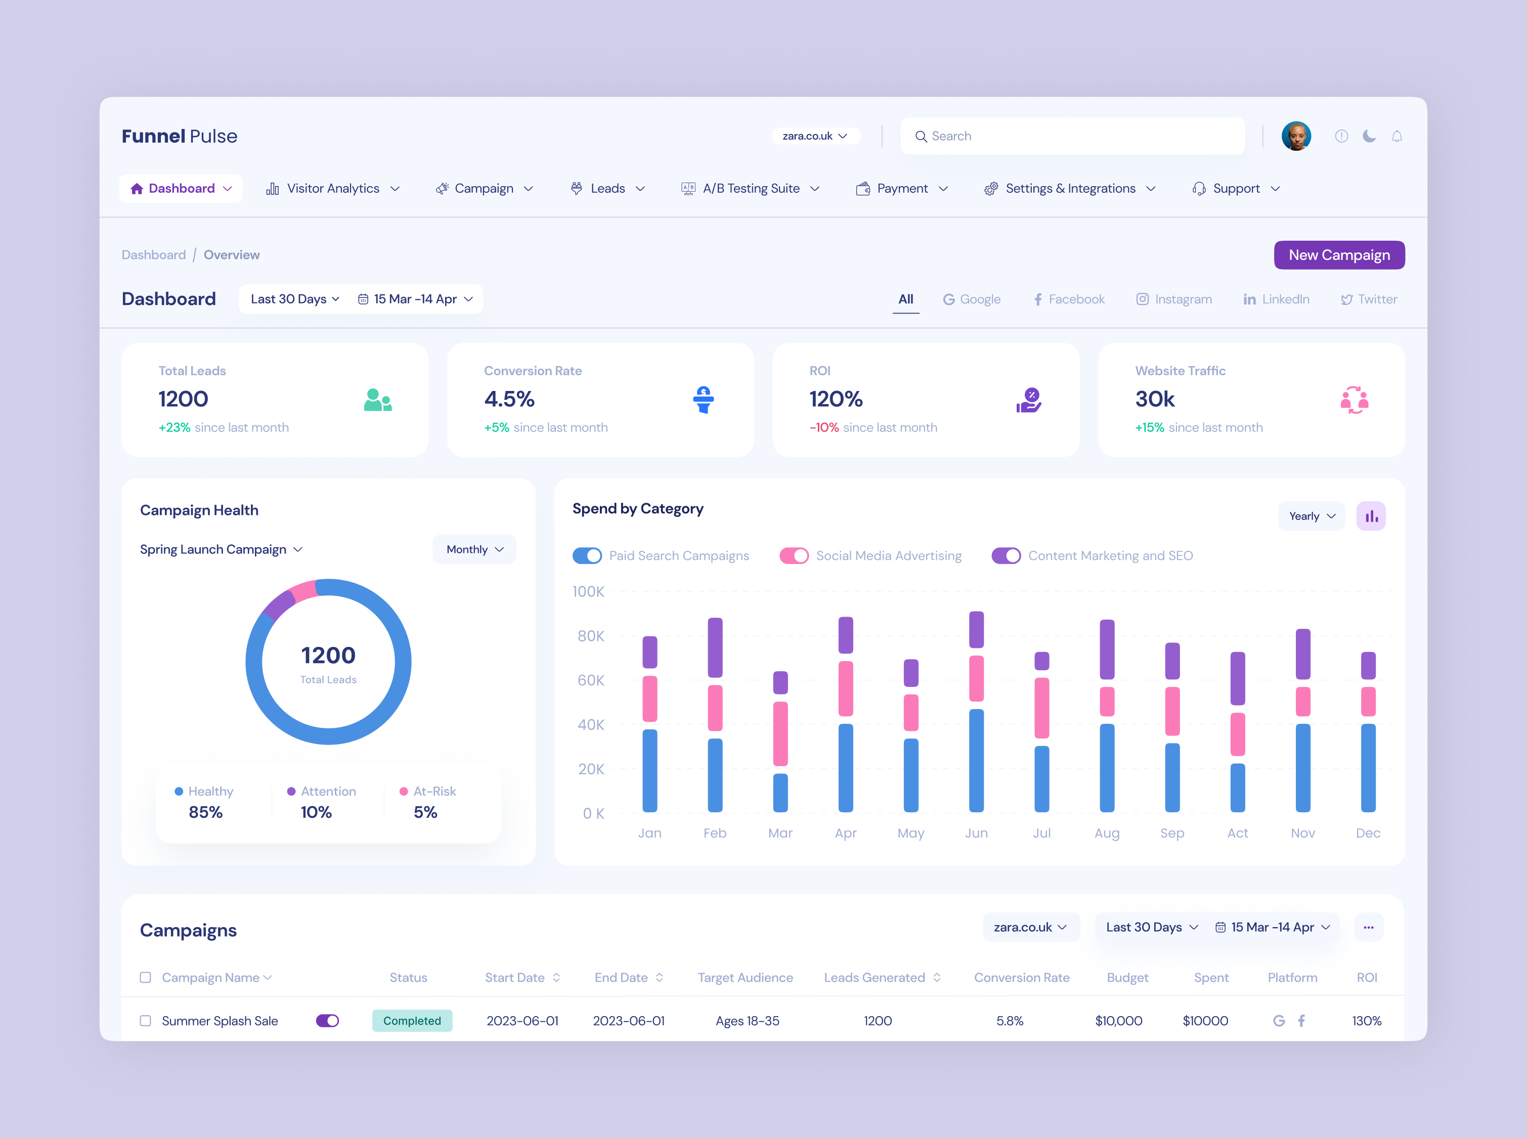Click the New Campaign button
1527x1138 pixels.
[1338, 255]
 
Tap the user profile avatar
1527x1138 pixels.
[1295, 136]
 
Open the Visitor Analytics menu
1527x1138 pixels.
[333, 189]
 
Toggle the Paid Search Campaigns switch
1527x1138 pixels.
[587, 556]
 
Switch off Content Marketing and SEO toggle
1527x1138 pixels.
[1006, 556]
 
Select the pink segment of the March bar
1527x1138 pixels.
[780, 733]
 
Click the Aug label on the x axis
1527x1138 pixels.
[1106, 833]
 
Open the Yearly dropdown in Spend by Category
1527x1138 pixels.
[1311, 516]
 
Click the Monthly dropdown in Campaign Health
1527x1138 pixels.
[474, 549]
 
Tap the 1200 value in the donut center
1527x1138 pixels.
[328, 655]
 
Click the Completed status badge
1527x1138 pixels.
[412, 1021]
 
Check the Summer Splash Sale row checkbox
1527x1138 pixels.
[145, 1021]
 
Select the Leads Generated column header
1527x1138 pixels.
[874, 978]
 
